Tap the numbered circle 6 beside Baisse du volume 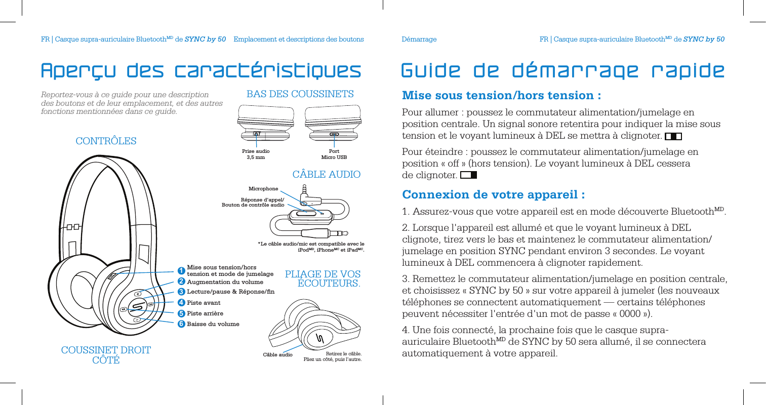tap(181, 324)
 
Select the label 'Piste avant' tap(204, 303)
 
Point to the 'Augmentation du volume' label tap(225, 282)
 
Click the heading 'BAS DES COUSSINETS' tap(300, 94)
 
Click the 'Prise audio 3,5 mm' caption tap(256, 154)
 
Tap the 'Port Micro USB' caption tap(334, 154)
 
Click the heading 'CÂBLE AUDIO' tap(327, 175)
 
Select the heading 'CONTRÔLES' tap(106, 141)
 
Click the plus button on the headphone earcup tap(137, 294)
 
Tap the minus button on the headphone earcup tap(137, 320)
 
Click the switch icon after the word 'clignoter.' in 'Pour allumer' tap(673, 136)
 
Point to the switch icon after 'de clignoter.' tap(468, 175)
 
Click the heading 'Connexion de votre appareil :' tap(494, 195)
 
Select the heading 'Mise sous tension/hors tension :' tap(501, 95)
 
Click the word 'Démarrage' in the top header tap(419, 39)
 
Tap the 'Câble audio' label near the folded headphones tap(277, 355)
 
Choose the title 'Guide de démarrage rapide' tap(562, 71)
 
